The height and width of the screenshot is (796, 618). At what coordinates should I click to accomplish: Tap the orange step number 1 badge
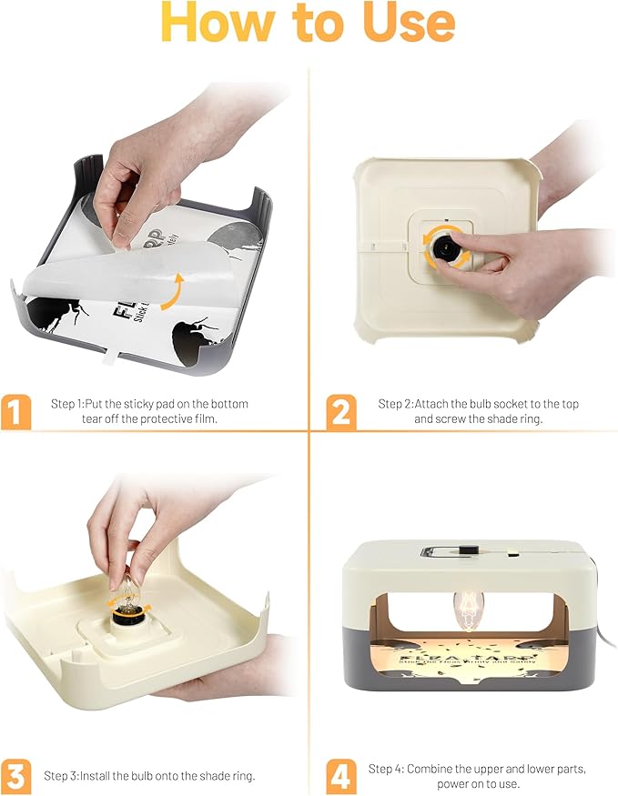(x=15, y=412)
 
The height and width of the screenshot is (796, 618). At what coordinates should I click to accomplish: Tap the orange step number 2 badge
(x=340, y=412)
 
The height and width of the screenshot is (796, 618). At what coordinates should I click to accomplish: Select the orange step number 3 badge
(x=15, y=776)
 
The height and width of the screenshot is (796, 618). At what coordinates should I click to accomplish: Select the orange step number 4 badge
(x=340, y=776)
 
